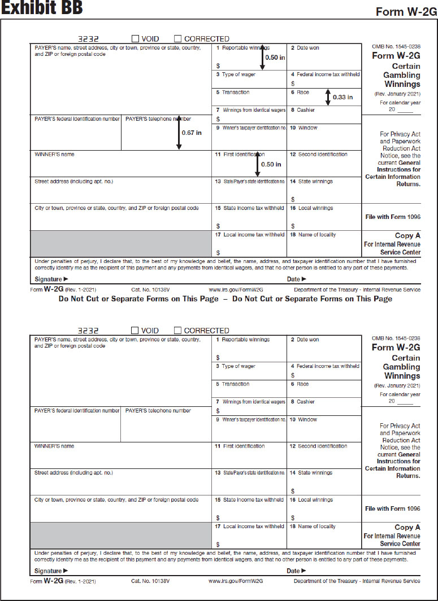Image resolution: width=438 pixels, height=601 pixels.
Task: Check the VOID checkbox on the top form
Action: click(x=135, y=39)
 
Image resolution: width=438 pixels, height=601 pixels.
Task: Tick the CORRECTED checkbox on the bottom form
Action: click(x=177, y=331)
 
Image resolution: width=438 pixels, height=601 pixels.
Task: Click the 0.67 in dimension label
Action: click(x=192, y=133)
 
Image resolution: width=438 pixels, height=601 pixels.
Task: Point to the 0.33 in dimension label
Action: click(x=343, y=97)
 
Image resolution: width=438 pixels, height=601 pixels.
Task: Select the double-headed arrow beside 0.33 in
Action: click(x=328, y=97)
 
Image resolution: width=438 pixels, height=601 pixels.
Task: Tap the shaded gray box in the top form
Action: click(x=120, y=243)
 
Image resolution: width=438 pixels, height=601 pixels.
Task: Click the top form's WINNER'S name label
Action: click(x=54, y=155)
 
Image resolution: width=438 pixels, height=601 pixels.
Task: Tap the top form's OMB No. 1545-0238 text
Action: click(x=396, y=46)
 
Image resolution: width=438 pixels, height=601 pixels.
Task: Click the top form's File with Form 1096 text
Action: click(x=392, y=217)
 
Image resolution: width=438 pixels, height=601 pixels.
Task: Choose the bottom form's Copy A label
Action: click(x=407, y=527)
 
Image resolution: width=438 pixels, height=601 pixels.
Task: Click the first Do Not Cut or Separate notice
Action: click(x=138, y=299)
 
